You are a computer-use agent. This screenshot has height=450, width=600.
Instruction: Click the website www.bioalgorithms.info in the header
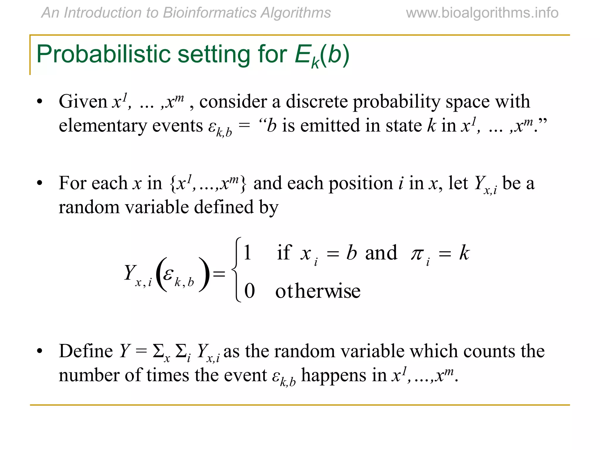[482, 13]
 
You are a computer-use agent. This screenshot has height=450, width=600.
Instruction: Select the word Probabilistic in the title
[103, 54]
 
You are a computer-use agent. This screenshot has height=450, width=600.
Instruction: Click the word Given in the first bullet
[83, 101]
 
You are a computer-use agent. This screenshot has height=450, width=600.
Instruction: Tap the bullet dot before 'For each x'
[40, 183]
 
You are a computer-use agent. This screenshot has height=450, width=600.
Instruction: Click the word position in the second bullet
[360, 183]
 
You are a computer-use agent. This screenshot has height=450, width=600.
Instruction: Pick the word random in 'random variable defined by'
[89, 207]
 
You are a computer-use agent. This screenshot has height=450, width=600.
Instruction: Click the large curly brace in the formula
[237, 270]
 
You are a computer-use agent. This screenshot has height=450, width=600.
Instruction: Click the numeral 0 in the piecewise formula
[249, 291]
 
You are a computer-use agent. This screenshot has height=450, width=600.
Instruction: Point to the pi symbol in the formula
[417, 253]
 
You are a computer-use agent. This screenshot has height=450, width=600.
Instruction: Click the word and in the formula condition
[381, 253]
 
